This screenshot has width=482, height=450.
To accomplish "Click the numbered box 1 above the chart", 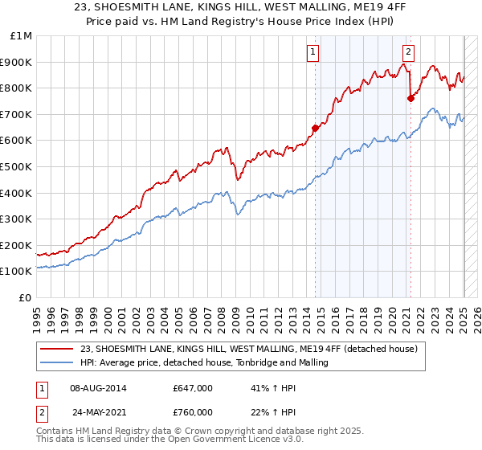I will pos(312,52).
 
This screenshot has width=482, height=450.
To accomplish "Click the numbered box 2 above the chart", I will pos(408,52).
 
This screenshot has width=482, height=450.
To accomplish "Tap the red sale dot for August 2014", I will pos(316,127).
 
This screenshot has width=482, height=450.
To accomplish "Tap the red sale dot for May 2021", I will pos(411,98).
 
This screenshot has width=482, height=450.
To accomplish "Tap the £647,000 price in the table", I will pos(192,388).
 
